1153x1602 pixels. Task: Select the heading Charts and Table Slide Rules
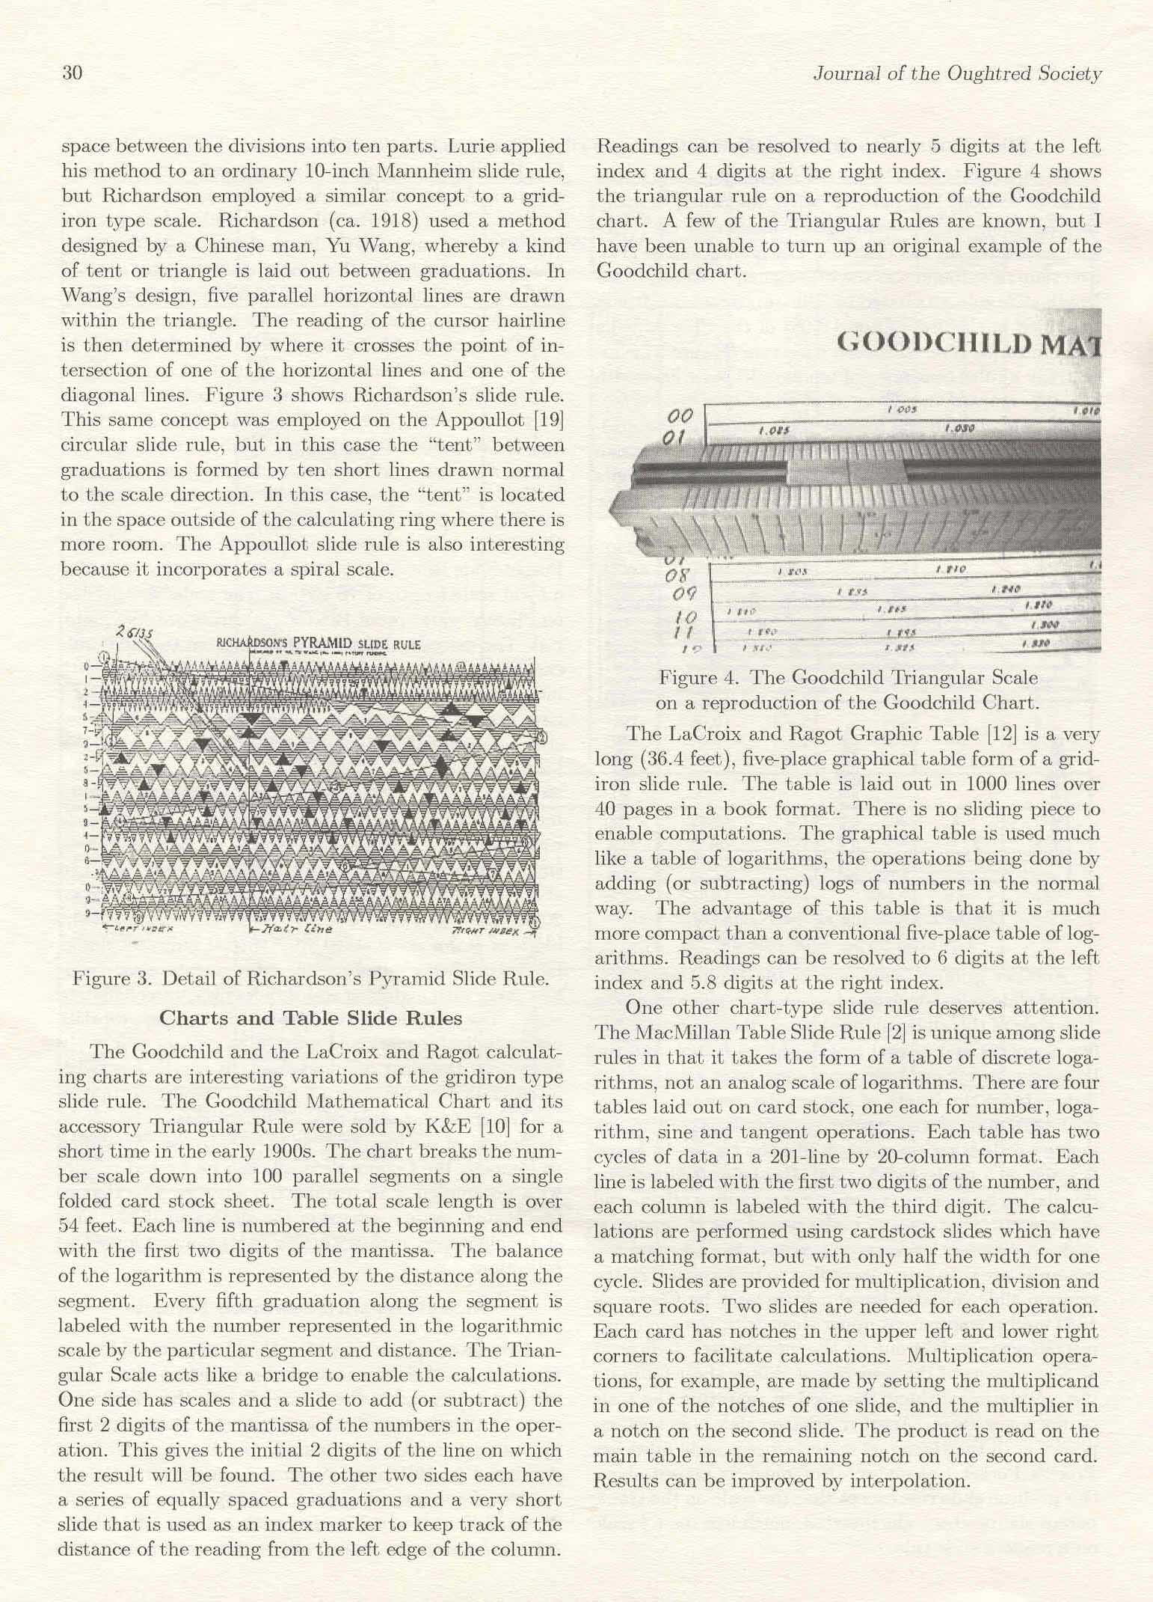pos(311,1018)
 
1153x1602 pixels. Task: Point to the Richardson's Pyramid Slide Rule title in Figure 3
pos(318,644)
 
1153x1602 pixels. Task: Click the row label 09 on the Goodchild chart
pos(685,595)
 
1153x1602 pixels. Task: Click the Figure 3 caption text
pos(310,979)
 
